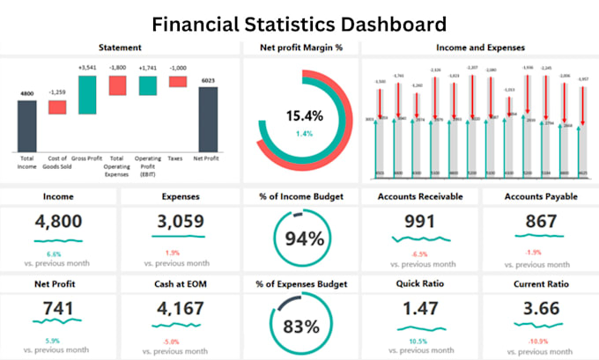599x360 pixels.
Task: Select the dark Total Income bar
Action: click(27, 125)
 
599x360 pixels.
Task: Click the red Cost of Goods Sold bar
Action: click(57, 107)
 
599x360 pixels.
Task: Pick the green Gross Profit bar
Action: click(87, 94)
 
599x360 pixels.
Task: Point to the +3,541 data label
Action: click(87, 68)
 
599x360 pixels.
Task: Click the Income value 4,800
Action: click(58, 223)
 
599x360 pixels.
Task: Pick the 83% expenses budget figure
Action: click(301, 327)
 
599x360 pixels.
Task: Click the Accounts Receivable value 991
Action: click(419, 223)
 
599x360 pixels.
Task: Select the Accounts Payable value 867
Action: click(538, 223)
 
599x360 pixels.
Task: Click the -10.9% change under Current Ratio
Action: click(538, 341)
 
